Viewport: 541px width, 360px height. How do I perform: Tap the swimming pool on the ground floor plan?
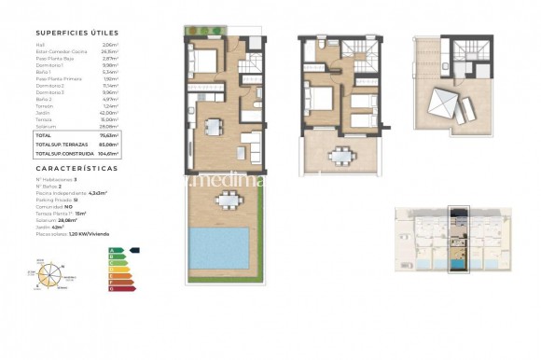coord(224,247)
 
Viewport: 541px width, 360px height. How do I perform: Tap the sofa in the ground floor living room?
coord(251,145)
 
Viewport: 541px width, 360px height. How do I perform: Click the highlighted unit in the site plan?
coord(457,240)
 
